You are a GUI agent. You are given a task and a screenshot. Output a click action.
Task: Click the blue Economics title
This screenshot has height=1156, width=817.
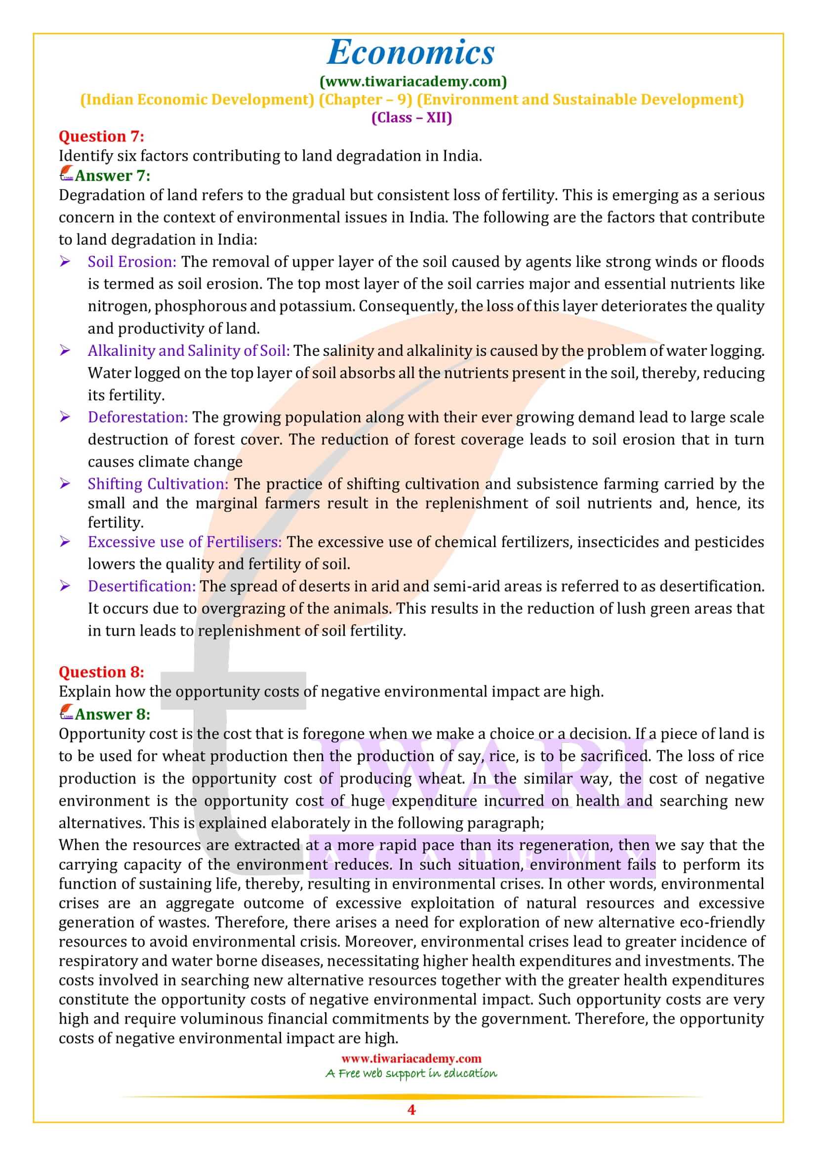click(411, 52)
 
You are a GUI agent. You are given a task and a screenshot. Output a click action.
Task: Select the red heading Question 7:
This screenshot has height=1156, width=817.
click(101, 136)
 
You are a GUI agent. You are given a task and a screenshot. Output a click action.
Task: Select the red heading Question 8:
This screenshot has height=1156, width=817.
click(101, 672)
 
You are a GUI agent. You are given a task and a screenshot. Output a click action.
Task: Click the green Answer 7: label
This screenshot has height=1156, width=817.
click(112, 176)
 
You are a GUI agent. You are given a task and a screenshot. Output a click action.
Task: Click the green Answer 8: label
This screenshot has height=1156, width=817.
click(112, 714)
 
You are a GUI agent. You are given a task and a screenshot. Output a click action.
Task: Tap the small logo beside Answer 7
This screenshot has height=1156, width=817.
click(66, 174)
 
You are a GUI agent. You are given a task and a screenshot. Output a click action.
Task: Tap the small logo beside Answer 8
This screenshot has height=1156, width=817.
click(66, 713)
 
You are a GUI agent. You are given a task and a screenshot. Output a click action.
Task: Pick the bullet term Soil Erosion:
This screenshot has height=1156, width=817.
click(132, 262)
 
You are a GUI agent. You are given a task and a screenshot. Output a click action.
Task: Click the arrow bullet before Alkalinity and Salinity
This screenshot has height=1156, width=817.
click(65, 350)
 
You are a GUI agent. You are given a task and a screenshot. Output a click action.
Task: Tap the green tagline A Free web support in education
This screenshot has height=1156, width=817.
click(411, 1073)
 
